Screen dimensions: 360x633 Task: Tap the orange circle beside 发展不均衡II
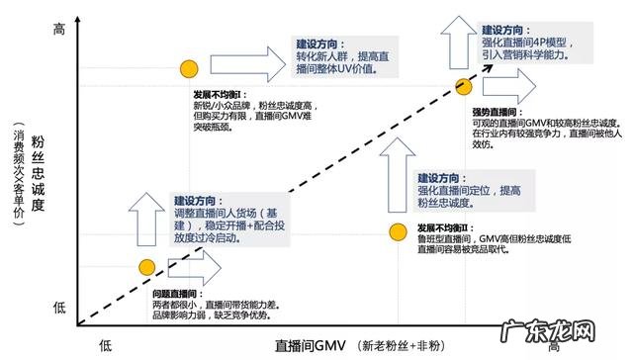pyautogui.click(x=397, y=232)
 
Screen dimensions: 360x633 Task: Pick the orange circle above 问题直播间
pyautogui.click(x=146, y=267)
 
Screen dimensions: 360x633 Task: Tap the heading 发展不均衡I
pyautogui.click(x=219, y=95)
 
